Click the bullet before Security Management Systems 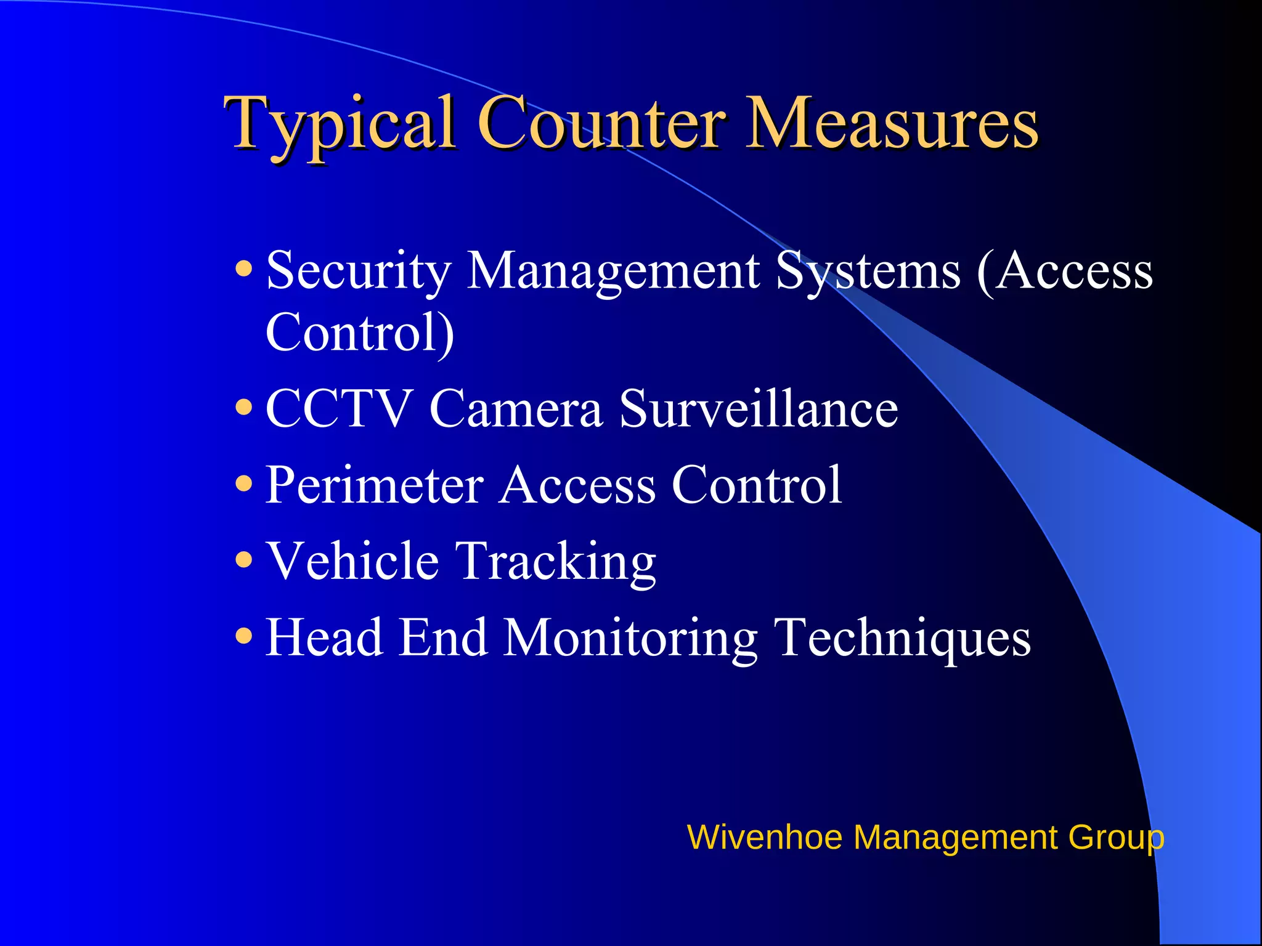tap(244, 269)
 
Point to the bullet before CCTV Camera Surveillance tap(244, 407)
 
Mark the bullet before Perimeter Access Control tap(244, 483)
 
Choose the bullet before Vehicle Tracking tap(244, 560)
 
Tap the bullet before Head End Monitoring tap(244, 636)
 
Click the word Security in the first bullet tap(359, 271)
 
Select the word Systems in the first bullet tap(868, 271)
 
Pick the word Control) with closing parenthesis tap(360, 333)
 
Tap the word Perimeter tap(374, 485)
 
